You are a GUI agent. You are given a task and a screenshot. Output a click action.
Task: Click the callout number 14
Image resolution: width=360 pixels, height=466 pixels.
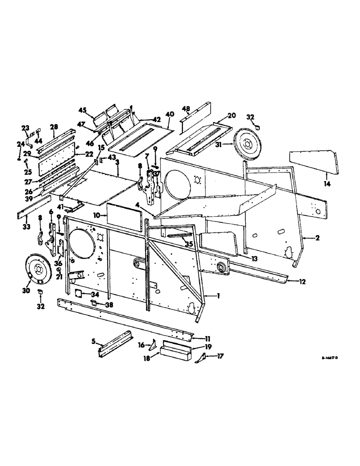327,185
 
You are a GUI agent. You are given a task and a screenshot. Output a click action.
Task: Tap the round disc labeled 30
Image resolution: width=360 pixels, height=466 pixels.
39,269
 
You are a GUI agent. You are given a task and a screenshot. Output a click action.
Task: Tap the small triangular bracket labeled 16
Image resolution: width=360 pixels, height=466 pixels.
152,346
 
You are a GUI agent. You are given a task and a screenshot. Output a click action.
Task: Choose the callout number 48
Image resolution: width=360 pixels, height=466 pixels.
186,109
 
